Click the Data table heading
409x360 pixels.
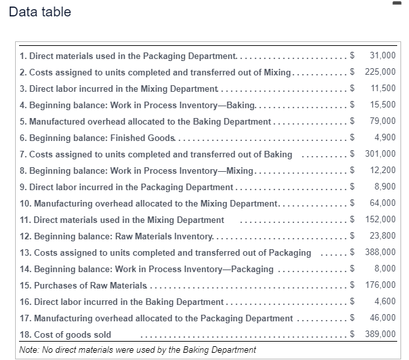pos(40,12)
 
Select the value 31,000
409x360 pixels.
pos(383,55)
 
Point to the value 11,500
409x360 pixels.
pos(383,88)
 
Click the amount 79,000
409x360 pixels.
pos(383,121)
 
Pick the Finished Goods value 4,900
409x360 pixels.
pos(385,137)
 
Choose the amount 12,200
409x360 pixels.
pos(383,170)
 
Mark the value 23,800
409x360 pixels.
pos(383,236)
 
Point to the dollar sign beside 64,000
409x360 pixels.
pos(353,203)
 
